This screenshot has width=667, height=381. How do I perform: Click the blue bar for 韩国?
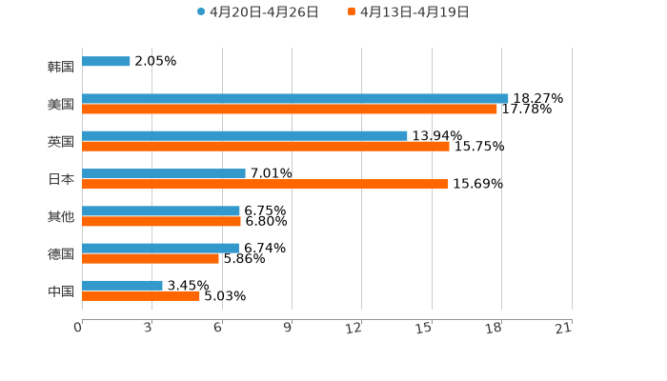click(106, 62)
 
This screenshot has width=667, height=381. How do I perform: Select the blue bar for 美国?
click(295, 99)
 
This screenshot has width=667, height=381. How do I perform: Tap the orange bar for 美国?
click(290, 110)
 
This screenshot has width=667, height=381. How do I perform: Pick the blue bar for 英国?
click(245, 136)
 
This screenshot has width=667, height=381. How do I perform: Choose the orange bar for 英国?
click(266, 147)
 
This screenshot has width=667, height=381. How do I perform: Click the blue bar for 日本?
click(164, 173)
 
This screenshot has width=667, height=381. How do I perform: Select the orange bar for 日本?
click(265, 184)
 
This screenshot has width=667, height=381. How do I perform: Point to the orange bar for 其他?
click(161, 221)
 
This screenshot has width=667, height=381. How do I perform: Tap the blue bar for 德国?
click(160, 248)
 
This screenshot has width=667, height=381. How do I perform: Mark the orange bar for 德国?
click(151, 258)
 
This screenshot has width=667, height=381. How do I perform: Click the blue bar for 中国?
click(122, 285)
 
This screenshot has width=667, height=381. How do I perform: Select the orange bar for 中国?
click(141, 295)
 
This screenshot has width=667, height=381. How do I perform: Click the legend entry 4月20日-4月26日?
click(258, 12)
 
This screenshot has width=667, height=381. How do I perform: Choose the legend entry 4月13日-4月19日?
click(409, 12)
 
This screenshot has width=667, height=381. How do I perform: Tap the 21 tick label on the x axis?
click(564, 328)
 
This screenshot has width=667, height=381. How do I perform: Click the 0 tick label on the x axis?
click(78, 328)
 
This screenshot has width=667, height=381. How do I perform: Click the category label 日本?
click(61, 179)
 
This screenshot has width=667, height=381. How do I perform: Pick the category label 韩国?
click(61, 68)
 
